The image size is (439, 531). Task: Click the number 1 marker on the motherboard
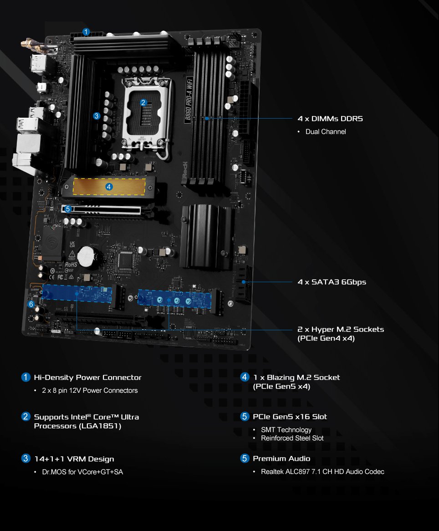point(87,32)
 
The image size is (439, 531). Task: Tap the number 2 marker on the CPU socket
point(143,103)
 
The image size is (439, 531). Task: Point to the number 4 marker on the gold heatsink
point(108,186)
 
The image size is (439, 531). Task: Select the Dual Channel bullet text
point(326,132)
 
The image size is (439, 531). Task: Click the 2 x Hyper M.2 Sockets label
point(340,329)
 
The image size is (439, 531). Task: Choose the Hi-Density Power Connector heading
point(87,378)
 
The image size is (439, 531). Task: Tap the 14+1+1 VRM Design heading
point(74,459)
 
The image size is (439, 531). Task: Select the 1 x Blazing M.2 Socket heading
point(296,378)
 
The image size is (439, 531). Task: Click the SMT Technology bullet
point(286,430)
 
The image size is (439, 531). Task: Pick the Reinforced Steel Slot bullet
point(292,438)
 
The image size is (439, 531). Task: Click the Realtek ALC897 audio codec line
point(322,471)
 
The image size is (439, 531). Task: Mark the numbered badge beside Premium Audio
point(245,458)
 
